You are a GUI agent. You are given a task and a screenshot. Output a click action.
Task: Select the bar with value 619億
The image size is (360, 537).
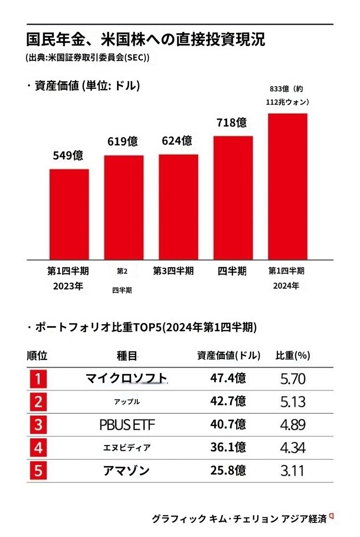pyautogui.click(x=124, y=207)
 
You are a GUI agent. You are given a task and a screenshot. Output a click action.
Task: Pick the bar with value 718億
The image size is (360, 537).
pyautogui.click(x=233, y=198)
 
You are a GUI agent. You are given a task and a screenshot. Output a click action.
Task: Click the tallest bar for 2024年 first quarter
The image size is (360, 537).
pyautogui.click(x=288, y=187)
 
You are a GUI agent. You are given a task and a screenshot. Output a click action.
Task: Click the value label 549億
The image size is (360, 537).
pyautogui.click(x=68, y=156)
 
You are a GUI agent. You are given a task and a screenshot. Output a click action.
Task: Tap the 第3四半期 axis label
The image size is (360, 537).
pyautogui.click(x=173, y=271)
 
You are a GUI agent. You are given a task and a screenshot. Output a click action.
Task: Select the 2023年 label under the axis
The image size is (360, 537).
pyautogui.click(x=68, y=286)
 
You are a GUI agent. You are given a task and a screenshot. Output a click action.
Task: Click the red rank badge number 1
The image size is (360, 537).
pyautogui.click(x=39, y=379)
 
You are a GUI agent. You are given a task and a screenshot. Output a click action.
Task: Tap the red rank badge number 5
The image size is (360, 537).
pyautogui.click(x=39, y=470)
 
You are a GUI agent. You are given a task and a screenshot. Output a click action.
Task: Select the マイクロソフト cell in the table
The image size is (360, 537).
pyautogui.click(x=126, y=378)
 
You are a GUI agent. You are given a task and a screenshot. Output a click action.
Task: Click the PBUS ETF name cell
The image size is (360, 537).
pyautogui.click(x=127, y=425)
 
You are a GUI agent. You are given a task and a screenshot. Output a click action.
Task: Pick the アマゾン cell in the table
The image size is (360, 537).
pyautogui.click(x=126, y=470)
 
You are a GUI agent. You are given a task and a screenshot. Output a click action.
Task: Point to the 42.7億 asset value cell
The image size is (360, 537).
pyautogui.click(x=228, y=402)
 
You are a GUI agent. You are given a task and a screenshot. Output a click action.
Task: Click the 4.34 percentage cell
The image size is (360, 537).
pyautogui.click(x=293, y=448)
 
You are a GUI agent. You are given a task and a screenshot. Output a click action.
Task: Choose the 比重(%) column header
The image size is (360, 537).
pyautogui.click(x=292, y=356)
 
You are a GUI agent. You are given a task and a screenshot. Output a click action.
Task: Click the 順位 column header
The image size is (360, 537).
pyautogui.click(x=37, y=356)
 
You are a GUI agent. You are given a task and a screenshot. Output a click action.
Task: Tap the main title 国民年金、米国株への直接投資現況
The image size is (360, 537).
pyautogui.click(x=145, y=39)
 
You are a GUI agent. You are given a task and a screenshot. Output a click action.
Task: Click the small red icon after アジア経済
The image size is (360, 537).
pyautogui.click(x=331, y=517)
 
